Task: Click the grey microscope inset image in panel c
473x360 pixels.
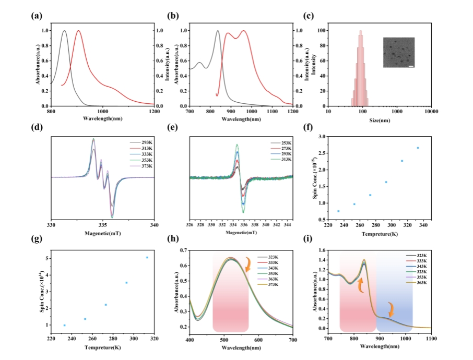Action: point(398,52)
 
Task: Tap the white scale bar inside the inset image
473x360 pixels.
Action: point(411,66)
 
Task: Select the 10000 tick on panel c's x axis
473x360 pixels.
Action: point(431,111)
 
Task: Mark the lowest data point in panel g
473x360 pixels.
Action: point(64,325)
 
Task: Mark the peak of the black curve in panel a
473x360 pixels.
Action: point(65,31)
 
